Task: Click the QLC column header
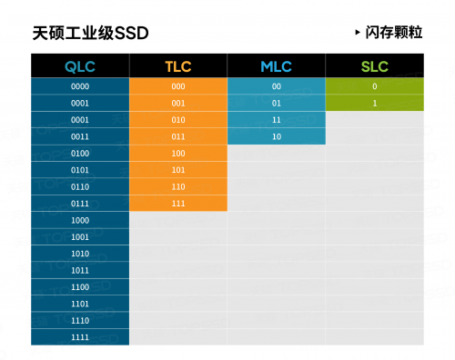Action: pyautogui.click(x=80, y=66)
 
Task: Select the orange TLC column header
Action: pyautogui.click(x=178, y=66)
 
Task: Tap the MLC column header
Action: pyautogui.click(x=276, y=66)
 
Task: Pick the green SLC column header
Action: pyautogui.click(x=374, y=66)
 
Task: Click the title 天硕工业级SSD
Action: pyautogui.click(x=90, y=33)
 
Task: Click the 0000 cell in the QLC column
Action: pyautogui.click(x=80, y=86)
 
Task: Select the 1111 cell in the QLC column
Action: pyautogui.click(x=80, y=337)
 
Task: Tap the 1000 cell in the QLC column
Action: pyautogui.click(x=80, y=220)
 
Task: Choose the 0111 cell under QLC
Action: pyautogui.click(x=80, y=203)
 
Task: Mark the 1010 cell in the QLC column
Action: pyautogui.click(x=80, y=254)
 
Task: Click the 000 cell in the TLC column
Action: pyautogui.click(x=178, y=86)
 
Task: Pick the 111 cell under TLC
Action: pyautogui.click(x=178, y=203)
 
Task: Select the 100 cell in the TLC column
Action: pyautogui.click(x=178, y=153)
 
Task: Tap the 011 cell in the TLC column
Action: pyautogui.click(x=178, y=136)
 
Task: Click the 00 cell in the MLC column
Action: pyautogui.click(x=276, y=86)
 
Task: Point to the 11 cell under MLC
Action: pyautogui.click(x=276, y=120)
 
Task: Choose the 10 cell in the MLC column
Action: pyautogui.click(x=276, y=136)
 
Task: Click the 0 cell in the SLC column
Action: pyautogui.click(x=374, y=86)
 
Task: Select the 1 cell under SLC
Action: pyautogui.click(x=374, y=103)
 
